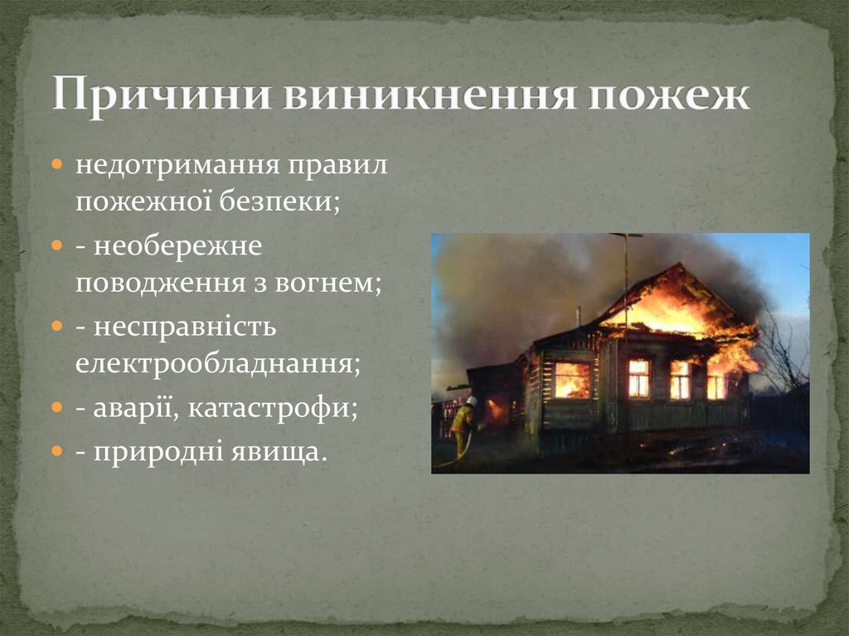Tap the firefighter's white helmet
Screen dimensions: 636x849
(472, 401)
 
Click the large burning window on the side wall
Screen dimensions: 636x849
(572, 380)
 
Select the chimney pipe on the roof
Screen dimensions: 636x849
(579, 316)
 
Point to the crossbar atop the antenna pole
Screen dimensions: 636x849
(626, 235)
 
